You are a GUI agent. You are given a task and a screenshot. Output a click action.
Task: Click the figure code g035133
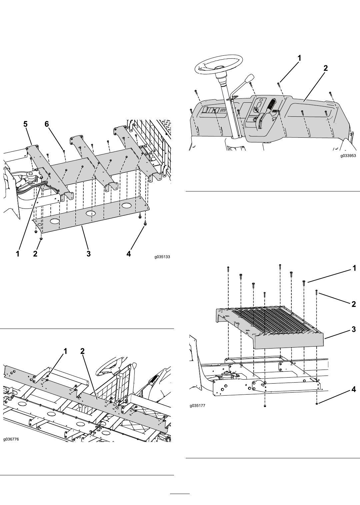[162, 257]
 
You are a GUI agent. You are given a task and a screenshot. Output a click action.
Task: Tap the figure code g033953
[348, 156]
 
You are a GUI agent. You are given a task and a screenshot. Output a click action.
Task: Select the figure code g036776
[11, 439]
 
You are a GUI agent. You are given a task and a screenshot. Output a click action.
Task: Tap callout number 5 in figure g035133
[25, 124]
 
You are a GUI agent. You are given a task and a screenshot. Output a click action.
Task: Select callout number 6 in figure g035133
[47, 124]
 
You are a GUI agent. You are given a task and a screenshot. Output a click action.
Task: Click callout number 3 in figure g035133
[89, 254]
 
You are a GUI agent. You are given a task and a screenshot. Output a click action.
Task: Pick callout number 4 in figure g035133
[128, 254]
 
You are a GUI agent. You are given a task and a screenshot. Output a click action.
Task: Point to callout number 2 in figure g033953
[326, 68]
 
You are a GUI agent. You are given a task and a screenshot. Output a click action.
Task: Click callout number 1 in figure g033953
[299, 58]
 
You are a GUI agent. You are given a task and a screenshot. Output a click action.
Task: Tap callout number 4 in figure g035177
[354, 389]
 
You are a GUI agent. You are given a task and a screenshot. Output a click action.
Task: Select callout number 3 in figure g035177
[354, 329]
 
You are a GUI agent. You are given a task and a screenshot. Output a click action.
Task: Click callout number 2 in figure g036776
[82, 351]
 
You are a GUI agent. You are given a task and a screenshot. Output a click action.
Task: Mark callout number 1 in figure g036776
[65, 351]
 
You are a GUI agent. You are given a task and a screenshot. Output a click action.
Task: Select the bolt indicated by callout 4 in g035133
[145, 223]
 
